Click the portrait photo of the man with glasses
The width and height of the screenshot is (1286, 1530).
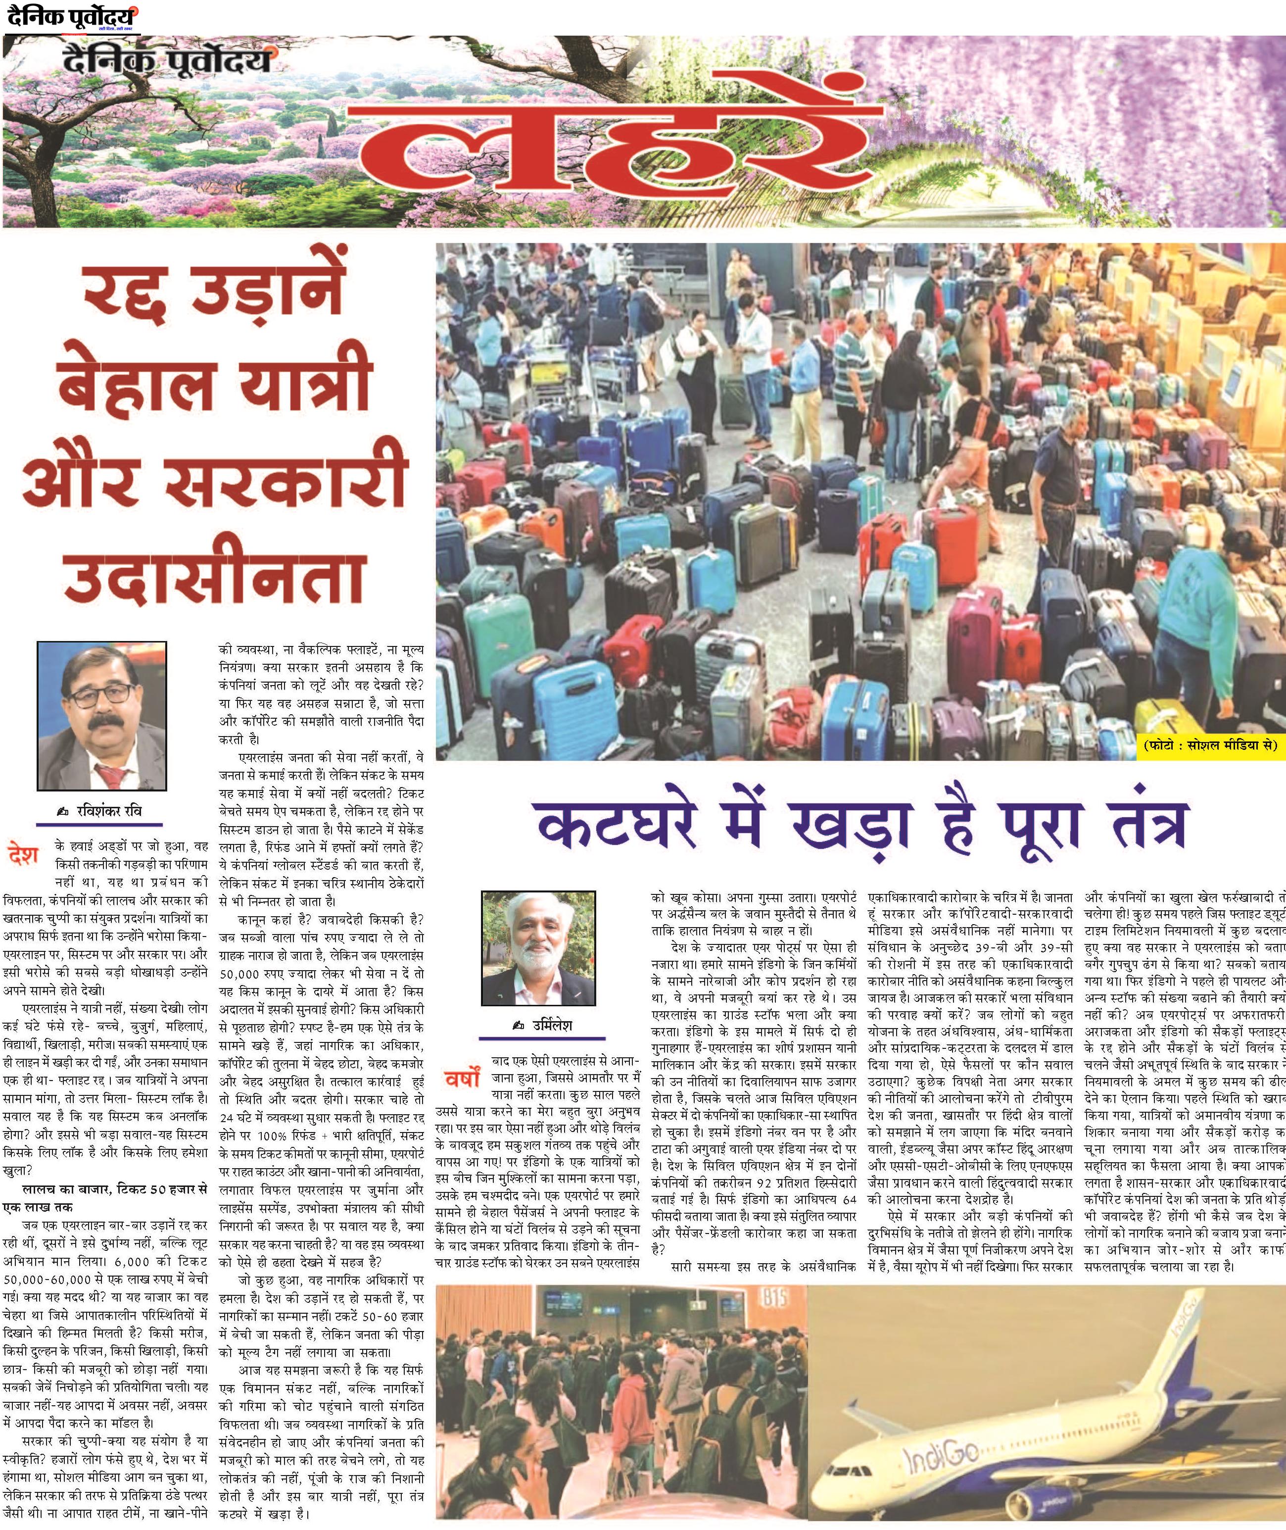tap(102, 715)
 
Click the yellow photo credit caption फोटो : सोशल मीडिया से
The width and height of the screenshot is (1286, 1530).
tap(1209, 747)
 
